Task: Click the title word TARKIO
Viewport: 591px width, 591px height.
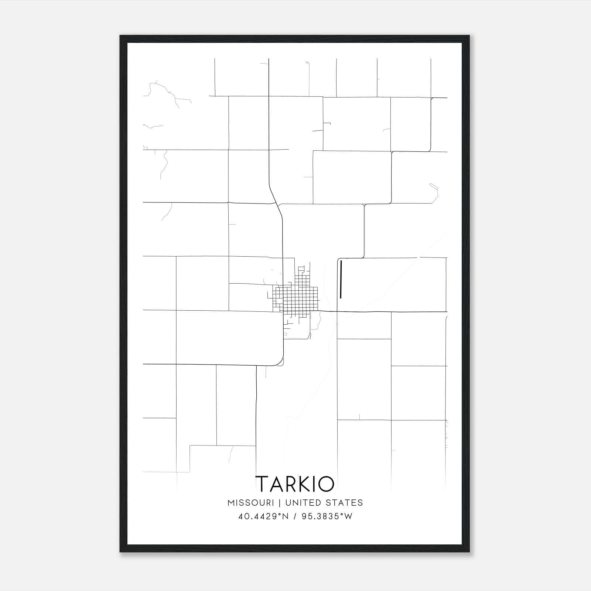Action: point(295,484)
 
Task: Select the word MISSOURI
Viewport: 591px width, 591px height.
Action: point(251,503)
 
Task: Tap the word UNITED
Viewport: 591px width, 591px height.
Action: point(303,503)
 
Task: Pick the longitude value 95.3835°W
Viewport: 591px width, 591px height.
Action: point(327,516)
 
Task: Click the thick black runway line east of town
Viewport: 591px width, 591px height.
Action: point(341,279)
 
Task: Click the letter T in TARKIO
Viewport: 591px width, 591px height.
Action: point(263,484)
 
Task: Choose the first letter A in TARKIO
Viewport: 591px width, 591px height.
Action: point(276,484)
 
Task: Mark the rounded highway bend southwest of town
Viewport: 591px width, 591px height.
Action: point(280,361)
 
